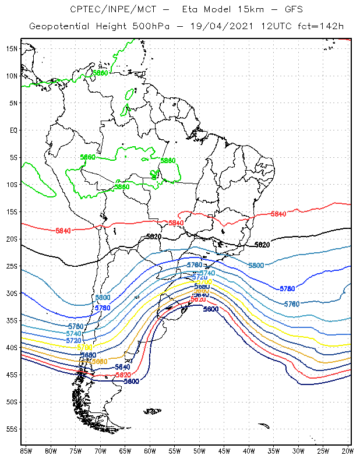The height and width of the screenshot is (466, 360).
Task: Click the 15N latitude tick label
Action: (x=12, y=48)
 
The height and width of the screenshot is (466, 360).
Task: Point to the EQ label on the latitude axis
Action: (x=13, y=130)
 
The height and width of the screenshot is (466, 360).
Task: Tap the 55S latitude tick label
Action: (x=12, y=429)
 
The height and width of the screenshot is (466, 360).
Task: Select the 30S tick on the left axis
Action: (x=12, y=293)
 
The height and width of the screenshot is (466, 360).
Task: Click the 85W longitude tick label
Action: (x=26, y=451)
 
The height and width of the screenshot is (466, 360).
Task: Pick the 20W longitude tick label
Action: (x=347, y=451)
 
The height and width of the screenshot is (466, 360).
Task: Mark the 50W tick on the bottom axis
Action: (x=199, y=451)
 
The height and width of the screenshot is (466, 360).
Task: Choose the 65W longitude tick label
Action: (x=125, y=451)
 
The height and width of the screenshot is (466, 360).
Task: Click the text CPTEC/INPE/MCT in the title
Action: (x=108, y=10)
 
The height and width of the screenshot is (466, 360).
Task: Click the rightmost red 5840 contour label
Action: (x=278, y=214)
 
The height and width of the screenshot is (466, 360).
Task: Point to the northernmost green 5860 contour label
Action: (x=101, y=73)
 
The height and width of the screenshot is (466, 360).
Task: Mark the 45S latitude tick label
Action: (x=12, y=375)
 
